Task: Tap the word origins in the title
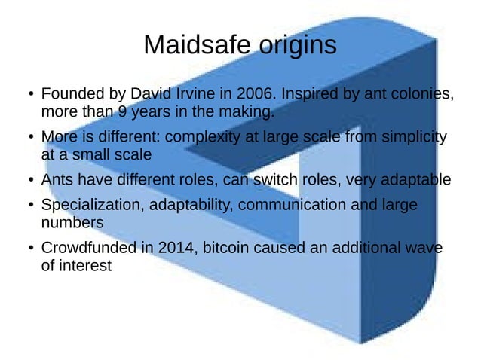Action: pos(293,46)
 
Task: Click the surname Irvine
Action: pos(198,96)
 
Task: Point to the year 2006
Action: pos(253,96)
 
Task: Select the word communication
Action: pos(293,206)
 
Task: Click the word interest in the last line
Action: pos(86,265)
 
